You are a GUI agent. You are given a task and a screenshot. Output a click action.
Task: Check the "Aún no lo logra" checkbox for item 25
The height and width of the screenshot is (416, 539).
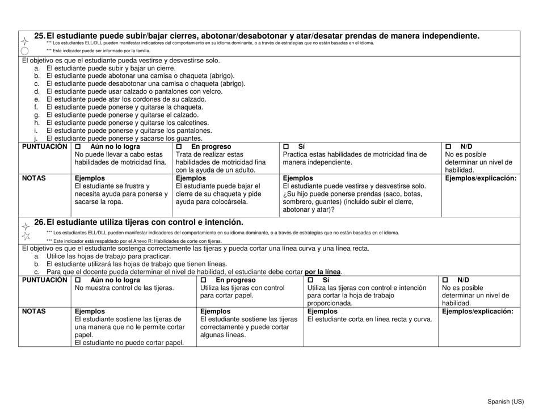pyautogui.click(x=78, y=146)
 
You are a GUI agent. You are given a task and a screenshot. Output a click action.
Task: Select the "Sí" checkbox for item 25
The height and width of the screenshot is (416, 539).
pyautogui.click(x=286, y=146)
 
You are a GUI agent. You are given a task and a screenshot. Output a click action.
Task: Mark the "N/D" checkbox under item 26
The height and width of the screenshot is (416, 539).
pyautogui.click(x=446, y=280)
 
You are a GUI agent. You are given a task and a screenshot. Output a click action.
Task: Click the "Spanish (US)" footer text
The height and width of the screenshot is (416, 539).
pyautogui.click(x=506, y=402)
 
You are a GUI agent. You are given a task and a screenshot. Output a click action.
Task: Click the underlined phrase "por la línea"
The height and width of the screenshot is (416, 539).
pyautogui.click(x=323, y=272)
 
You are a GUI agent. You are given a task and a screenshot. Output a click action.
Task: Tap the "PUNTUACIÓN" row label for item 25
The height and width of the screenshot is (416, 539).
pyautogui.click(x=45, y=146)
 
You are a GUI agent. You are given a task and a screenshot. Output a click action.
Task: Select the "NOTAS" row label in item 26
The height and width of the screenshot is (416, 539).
pyautogui.click(x=34, y=311)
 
